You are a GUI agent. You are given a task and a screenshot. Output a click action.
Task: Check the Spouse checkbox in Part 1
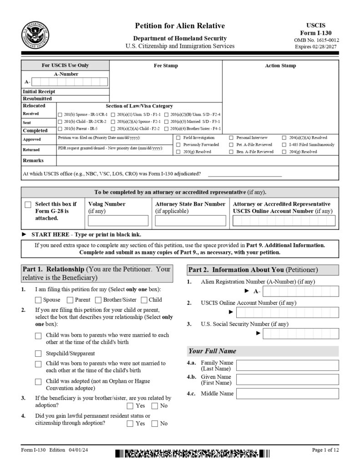[x=39, y=300]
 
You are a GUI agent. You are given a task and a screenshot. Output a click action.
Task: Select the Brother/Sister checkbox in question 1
[x=98, y=300]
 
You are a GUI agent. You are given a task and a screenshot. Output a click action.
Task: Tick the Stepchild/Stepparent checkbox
[x=39, y=354]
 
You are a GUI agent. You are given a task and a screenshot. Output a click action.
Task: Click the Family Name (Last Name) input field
[x=287, y=365]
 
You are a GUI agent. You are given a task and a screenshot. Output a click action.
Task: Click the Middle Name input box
[x=287, y=394]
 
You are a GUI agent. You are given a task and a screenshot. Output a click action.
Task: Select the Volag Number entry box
[x=118, y=221]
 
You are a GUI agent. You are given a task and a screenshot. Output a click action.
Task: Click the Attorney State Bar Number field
[x=190, y=221]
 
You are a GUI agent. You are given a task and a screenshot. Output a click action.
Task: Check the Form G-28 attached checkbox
[x=28, y=205]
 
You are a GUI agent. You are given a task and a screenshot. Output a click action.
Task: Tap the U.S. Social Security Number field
[x=300, y=334]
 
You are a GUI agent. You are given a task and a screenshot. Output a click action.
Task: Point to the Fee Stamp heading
[x=166, y=66]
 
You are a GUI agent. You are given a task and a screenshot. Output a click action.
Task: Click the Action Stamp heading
[x=280, y=66]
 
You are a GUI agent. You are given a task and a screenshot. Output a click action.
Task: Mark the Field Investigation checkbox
[x=178, y=137]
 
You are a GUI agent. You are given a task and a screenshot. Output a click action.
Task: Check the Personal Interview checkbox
[x=231, y=137]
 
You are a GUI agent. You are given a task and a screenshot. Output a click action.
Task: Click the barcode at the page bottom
[x=192, y=453]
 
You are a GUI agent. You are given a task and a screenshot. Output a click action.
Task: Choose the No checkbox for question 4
[x=154, y=424]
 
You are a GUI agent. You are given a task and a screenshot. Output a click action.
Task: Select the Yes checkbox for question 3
[x=130, y=406]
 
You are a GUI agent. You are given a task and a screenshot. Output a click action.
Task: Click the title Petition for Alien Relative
[x=180, y=26]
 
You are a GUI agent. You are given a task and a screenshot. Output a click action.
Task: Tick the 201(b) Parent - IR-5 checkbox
[x=60, y=129]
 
